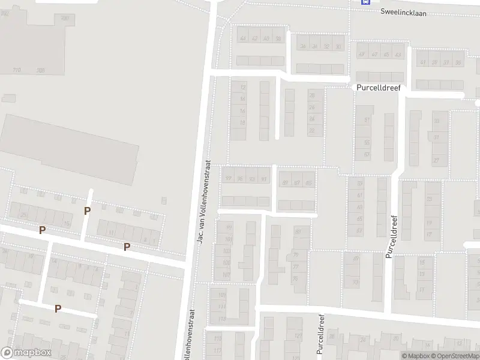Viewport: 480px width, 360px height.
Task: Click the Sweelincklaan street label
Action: tap(403, 12)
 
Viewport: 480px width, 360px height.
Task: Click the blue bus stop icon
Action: tap(365, 2)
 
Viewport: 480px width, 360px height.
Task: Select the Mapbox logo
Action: tap(26, 353)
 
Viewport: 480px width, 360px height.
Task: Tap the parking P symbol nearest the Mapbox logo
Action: tap(58, 308)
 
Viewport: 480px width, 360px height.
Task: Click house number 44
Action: tap(243, 39)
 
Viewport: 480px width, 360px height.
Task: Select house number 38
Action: tap(278, 39)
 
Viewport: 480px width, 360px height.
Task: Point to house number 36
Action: tap(304, 47)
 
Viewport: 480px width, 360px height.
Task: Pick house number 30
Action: tap(339, 47)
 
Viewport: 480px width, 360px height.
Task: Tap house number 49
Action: tap(374, 55)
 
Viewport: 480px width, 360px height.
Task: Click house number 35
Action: tap(458, 62)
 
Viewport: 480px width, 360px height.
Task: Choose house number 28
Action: tap(312, 95)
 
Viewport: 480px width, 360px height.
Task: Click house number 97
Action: tap(228, 179)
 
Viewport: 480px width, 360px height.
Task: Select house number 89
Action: tap(286, 183)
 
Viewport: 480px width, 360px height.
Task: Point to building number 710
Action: tap(17, 70)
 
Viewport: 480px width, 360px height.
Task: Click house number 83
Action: tap(298, 231)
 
